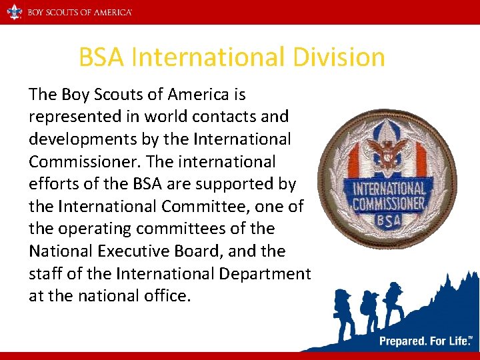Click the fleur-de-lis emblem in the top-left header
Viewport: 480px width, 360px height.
(14, 12)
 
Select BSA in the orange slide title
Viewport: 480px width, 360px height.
(102, 57)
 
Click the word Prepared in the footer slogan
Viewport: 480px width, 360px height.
(403, 341)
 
